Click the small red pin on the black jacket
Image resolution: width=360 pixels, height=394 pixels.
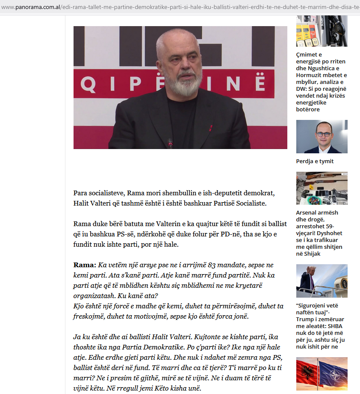tap(211, 127)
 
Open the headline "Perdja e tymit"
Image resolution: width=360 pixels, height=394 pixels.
tap(315, 161)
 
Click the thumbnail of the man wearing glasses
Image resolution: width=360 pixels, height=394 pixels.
tap(322, 137)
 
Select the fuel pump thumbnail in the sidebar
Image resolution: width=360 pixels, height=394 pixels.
tap(322, 31)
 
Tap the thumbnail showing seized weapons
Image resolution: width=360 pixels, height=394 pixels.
tap(322, 188)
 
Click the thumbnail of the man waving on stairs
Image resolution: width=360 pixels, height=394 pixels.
tap(322, 281)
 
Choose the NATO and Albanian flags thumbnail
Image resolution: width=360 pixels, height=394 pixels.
tap(322, 373)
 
